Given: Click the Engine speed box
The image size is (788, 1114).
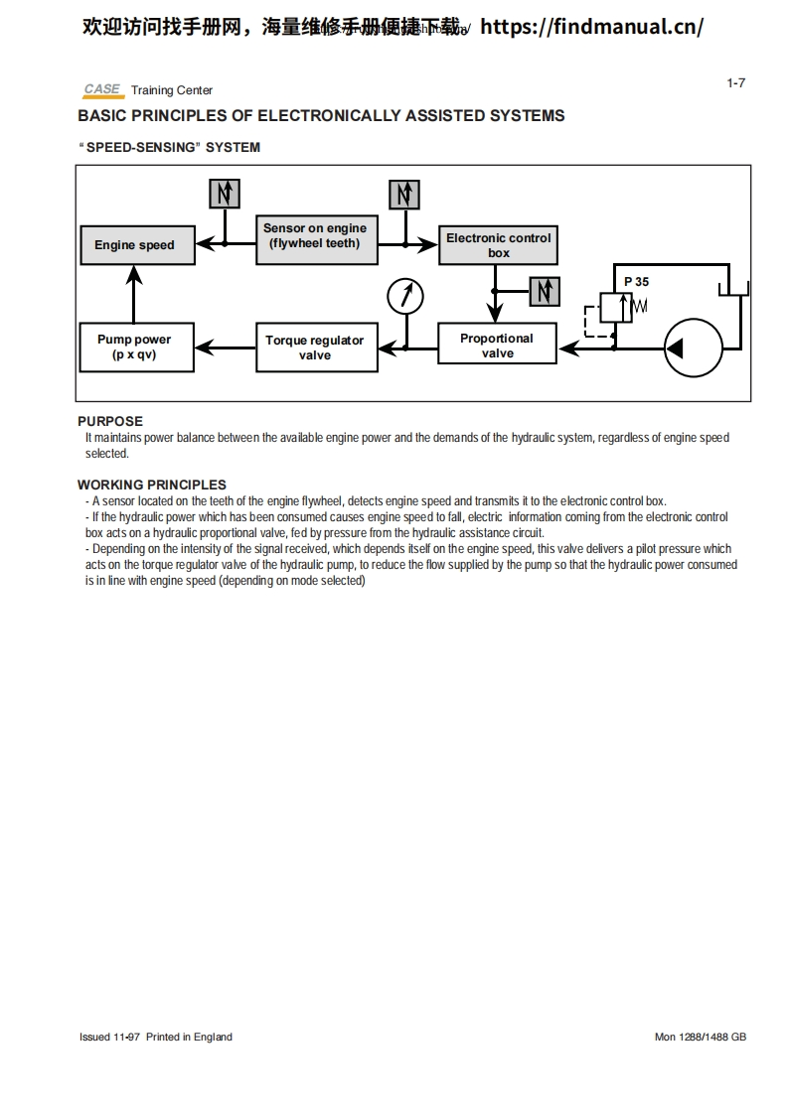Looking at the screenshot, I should [134, 245].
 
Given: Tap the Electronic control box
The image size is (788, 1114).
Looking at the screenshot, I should [497, 243].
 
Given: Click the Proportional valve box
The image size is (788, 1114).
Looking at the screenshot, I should [497, 346].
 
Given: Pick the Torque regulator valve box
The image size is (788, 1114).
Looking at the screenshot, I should [315, 348].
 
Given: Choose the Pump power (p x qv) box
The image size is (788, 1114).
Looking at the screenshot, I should [134, 347].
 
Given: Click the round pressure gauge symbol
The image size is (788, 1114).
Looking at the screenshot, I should [404, 295].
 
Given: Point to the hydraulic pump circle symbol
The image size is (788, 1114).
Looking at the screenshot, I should [693, 348].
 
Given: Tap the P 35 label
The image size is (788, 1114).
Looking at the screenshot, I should [636, 282].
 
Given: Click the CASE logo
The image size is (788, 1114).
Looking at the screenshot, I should [102, 89].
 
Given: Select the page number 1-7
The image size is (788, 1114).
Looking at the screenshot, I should [735, 83].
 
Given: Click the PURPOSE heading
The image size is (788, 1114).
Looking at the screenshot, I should [110, 421].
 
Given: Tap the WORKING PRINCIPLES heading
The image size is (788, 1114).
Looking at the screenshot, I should [152, 485].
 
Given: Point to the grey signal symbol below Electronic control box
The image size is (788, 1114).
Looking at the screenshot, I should [544, 291].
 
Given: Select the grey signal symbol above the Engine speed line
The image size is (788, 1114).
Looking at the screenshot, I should [225, 194].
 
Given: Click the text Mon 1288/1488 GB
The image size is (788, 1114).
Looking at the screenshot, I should [700, 1037].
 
